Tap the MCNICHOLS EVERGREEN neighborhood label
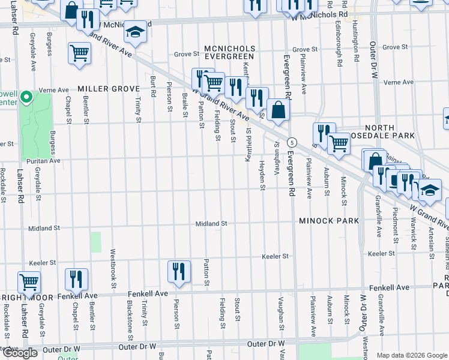coord(229,52)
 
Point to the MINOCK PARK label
coord(330,221)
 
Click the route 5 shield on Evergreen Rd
coord(292,142)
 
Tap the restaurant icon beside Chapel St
coord(77,278)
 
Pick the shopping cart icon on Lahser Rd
coord(29,281)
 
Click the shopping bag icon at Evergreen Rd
coord(279,110)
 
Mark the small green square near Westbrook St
coord(96,242)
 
